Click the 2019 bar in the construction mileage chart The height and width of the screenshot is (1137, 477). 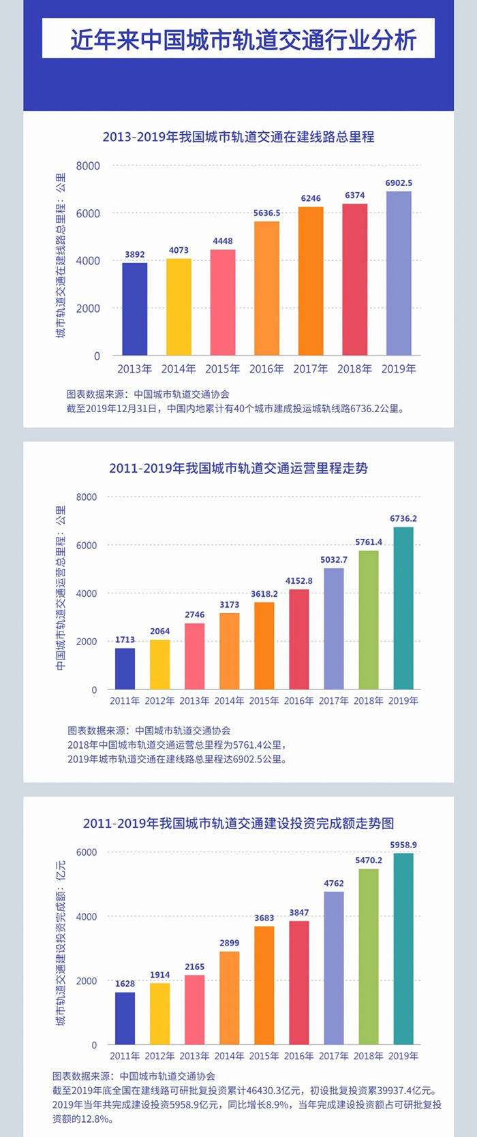(x=399, y=273)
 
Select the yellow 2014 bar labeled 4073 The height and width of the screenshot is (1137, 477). (x=179, y=307)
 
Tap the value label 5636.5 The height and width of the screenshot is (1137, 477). (x=266, y=213)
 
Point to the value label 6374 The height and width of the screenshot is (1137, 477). (x=354, y=196)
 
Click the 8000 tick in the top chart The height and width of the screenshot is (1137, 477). (x=88, y=166)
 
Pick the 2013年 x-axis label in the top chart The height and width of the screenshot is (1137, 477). (x=134, y=369)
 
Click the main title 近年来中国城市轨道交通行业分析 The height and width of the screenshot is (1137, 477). (x=243, y=40)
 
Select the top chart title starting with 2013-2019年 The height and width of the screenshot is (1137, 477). (x=238, y=137)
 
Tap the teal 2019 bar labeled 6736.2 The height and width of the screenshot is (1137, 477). (x=403, y=608)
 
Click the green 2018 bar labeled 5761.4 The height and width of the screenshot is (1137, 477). (x=368, y=620)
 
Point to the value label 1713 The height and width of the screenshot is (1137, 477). (x=125, y=640)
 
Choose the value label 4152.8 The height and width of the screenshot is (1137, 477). (x=299, y=581)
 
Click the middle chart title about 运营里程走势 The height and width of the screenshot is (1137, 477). (x=238, y=469)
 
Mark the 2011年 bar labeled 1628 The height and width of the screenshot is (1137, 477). (x=125, y=1018)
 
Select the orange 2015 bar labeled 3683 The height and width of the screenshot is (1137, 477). (x=264, y=985)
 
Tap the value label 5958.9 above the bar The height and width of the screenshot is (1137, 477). (x=403, y=845)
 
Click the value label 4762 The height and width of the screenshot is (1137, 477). (x=334, y=883)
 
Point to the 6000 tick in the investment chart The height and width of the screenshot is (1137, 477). (x=87, y=852)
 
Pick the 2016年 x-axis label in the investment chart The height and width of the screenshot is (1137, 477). (x=299, y=1056)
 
